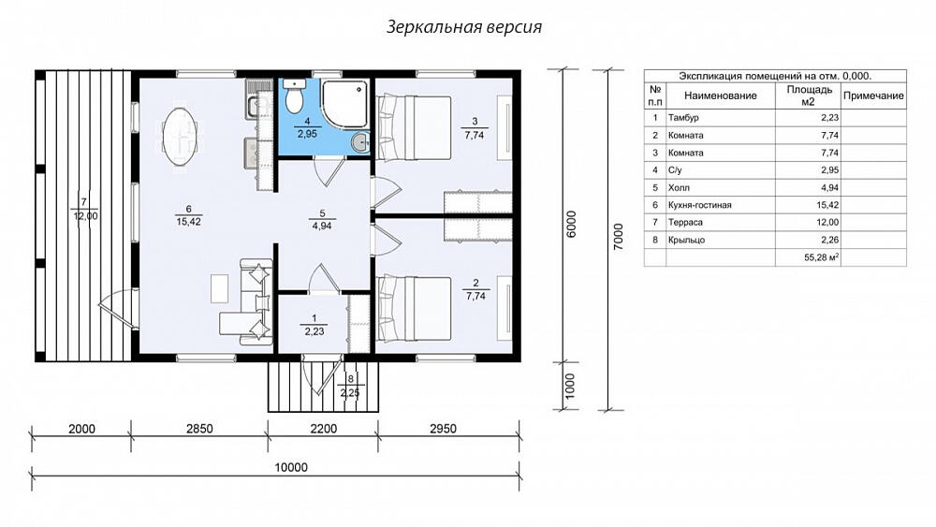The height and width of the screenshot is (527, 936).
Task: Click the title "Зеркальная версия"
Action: click(464, 27)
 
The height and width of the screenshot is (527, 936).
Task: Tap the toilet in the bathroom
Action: click(294, 96)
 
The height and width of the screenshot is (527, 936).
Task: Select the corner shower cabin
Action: click(345, 104)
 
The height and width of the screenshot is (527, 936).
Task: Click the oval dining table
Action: click(181, 137)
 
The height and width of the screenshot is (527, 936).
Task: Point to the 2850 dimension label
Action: click(199, 429)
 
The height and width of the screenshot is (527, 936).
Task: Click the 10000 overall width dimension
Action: click(291, 467)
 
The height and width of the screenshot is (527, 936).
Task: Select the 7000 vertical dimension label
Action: click(619, 237)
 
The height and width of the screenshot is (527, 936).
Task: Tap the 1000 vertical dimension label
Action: click(570, 387)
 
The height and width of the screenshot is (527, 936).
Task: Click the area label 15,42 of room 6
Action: click(189, 222)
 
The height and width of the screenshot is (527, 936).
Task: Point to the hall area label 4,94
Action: click(322, 227)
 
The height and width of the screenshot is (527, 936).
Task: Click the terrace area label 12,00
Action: click(85, 216)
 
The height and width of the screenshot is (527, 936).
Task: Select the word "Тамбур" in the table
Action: click(683, 118)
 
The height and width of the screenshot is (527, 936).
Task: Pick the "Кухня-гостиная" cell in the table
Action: click(699, 205)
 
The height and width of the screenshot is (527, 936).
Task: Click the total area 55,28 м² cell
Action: click(822, 257)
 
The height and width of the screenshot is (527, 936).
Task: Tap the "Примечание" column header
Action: click(873, 95)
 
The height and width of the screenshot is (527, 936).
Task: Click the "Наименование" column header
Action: click(721, 95)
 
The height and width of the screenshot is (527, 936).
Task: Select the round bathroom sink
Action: click(360, 142)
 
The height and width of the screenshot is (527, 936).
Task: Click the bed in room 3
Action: click(413, 126)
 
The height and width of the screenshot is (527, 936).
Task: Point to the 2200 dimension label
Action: click(324, 429)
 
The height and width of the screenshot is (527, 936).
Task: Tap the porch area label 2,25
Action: click(350, 393)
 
